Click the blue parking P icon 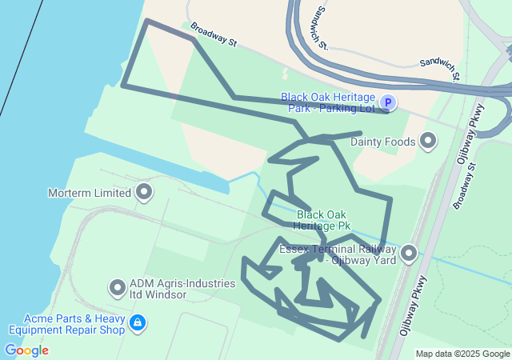[387, 102]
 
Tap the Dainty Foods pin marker [428, 142]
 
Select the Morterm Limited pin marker [144, 192]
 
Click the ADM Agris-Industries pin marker [118, 287]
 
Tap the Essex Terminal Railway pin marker [409, 254]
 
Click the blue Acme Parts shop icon [138, 323]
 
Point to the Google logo [26, 350]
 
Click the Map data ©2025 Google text [462, 354]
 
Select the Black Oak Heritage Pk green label [323, 220]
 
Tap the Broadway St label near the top [214, 37]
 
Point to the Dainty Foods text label [383, 142]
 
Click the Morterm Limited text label [89, 193]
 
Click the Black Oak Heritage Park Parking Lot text [327, 102]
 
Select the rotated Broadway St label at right [464, 186]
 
